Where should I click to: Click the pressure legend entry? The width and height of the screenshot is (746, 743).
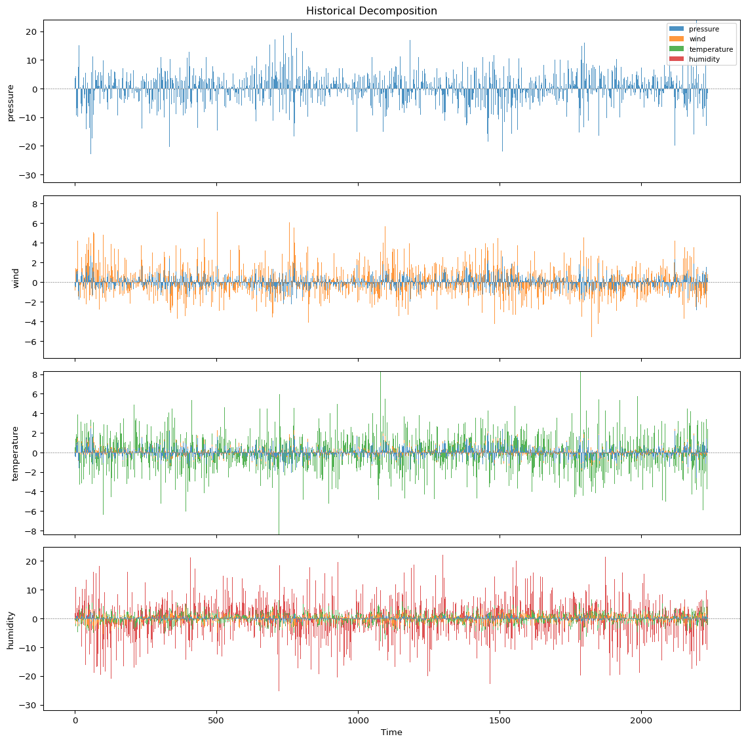point(703,29)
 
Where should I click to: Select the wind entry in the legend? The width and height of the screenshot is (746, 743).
point(698,39)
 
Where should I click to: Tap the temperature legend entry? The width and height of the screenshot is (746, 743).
point(711,49)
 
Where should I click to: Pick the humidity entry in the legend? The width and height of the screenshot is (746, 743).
point(704,59)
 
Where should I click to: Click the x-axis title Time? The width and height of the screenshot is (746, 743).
point(391,732)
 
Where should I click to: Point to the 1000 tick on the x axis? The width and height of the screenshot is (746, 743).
point(358,719)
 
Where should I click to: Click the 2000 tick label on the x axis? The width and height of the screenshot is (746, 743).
point(641,719)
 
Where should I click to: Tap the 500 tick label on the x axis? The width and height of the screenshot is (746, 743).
point(216,719)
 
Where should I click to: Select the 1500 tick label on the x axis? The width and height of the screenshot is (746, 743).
point(500,719)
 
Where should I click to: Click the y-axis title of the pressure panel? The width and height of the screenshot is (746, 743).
point(10,102)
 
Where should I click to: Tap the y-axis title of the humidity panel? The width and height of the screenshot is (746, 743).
point(10,630)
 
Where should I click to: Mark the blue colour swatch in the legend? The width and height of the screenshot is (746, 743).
point(676,29)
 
